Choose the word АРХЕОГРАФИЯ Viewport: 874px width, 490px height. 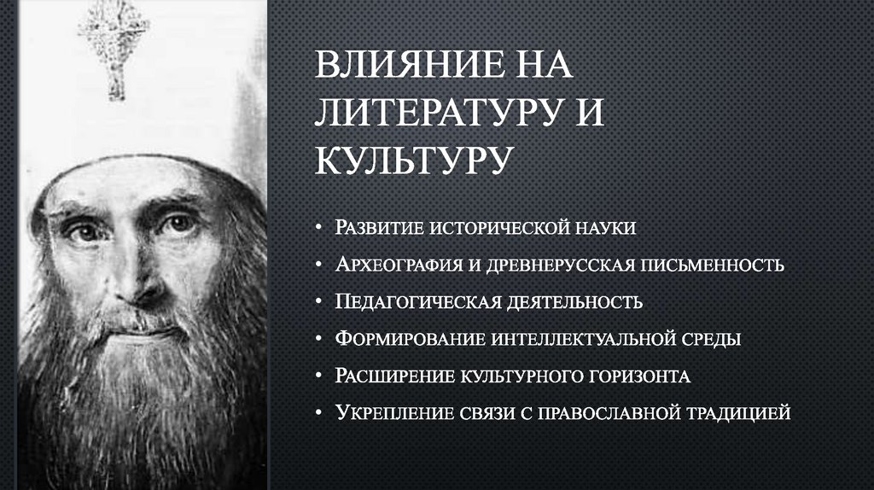coord(397,265)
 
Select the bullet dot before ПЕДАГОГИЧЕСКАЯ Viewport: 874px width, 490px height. coord(318,302)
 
